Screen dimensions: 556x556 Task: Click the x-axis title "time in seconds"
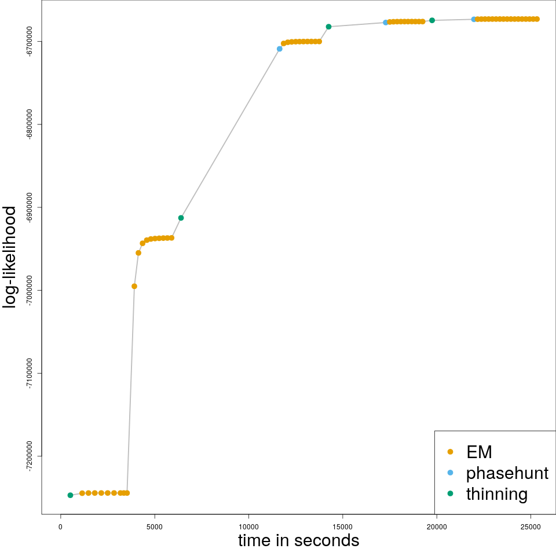pyautogui.click(x=298, y=541)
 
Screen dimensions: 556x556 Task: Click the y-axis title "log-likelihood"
pyautogui.click(x=10, y=257)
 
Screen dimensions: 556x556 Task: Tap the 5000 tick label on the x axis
pyautogui.click(x=154, y=526)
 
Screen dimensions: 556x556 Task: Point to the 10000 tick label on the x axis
pyautogui.click(x=248, y=526)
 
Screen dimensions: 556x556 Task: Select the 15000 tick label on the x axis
pyautogui.click(x=342, y=526)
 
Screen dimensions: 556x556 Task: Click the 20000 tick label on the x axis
pyautogui.click(x=436, y=526)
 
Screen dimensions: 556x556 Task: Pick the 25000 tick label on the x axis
pyautogui.click(x=531, y=526)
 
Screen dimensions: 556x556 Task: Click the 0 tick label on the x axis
pyautogui.click(x=60, y=526)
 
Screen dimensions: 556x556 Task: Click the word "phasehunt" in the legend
pyautogui.click(x=507, y=473)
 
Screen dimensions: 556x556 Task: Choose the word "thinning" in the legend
pyautogui.click(x=497, y=494)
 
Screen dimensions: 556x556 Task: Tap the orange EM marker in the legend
pyautogui.click(x=451, y=452)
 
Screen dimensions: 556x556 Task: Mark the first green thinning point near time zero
pyautogui.click(x=70, y=495)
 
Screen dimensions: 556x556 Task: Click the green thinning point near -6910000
pyautogui.click(x=181, y=218)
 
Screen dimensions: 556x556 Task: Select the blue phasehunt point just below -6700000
pyautogui.click(x=280, y=49)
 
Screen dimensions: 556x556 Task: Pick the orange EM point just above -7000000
pyautogui.click(x=134, y=286)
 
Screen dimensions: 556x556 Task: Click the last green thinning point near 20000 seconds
pyautogui.click(x=432, y=20)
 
